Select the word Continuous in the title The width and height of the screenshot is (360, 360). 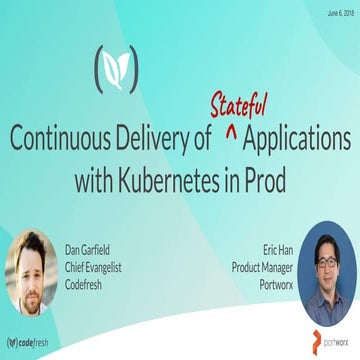point(60,138)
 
